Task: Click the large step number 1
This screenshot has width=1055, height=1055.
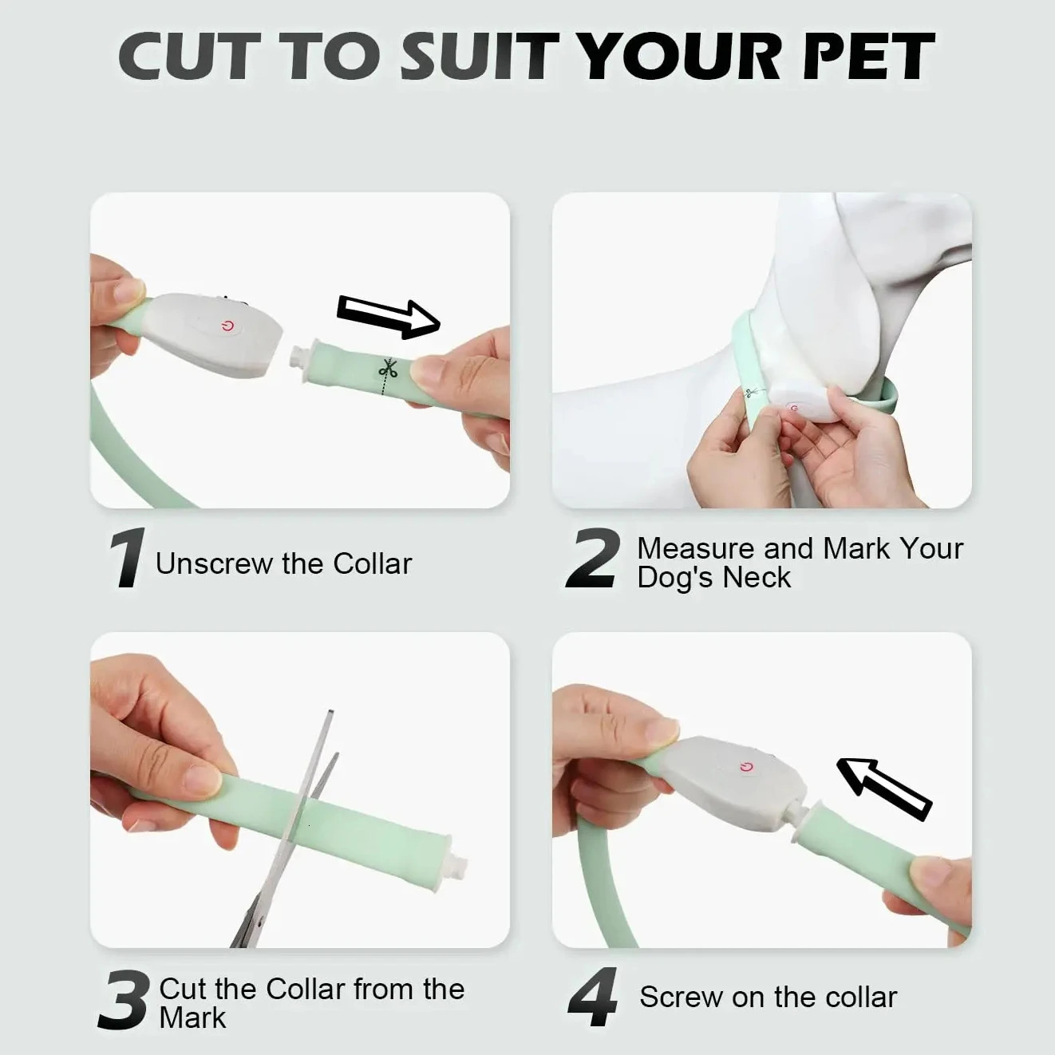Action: (125, 559)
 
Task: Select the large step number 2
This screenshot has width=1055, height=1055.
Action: (592, 559)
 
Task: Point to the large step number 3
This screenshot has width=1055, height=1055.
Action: (124, 999)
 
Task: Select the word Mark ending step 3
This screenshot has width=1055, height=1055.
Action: (192, 1018)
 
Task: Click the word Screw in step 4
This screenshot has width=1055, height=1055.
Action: (677, 997)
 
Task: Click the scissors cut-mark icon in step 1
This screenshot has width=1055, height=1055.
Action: (388, 370)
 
